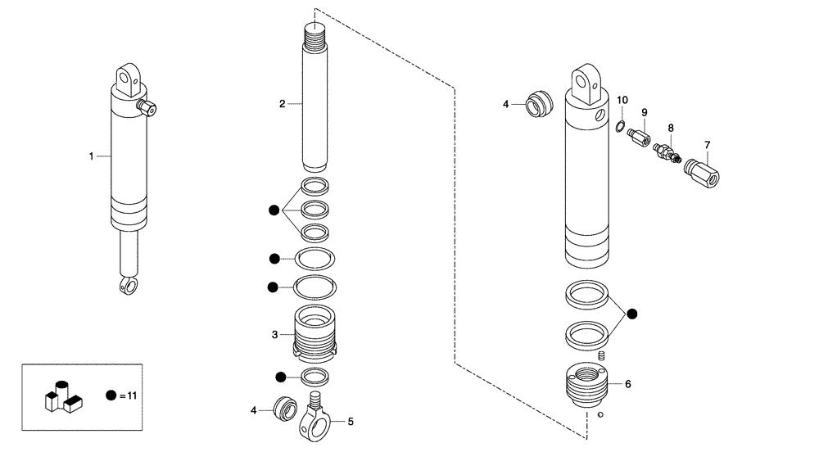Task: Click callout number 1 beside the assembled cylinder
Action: pyautogui.click(x=92, y=156)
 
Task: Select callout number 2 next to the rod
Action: pyautogui.click(x=282, y=104)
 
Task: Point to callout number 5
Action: pyautogui.click(x=351, y=422)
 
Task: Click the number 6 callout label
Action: pyautogui.click(x=627, y=383)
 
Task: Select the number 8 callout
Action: pyautogui.click(x=671, y=129)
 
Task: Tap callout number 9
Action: pyautogui.click(x=644, y=112)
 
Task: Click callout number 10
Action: pyautogui.click(x=622, y=100)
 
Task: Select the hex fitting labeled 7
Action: pyautogui.click(x=701, y=172)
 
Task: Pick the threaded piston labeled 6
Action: pyautogui.click(x=587, y=383)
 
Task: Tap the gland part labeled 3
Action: pyautogui.click(x=315, y=334)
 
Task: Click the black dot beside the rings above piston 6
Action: pyautogui.click(x=632, y=314)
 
